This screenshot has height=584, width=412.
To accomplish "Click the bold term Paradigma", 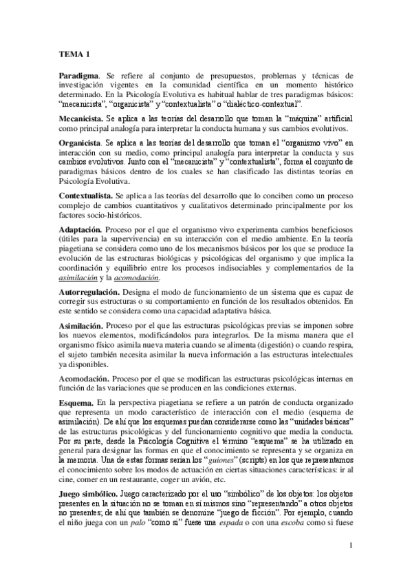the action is [x=79, y=75].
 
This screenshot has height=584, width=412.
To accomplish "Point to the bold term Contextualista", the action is [x=85, y=197].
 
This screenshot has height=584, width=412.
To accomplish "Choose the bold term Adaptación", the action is [x=81, y=228].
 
